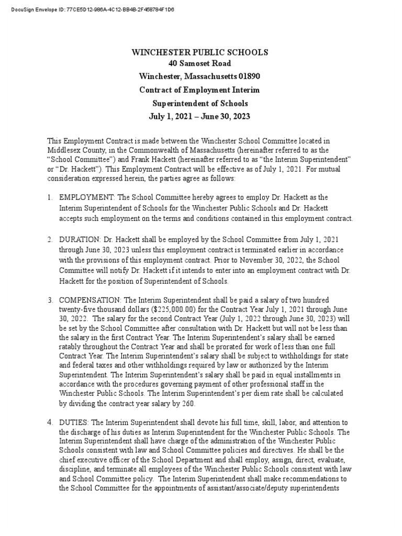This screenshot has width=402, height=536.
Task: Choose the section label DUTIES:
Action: coord(74,422)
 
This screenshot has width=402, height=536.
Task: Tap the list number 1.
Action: coord(50,197)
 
